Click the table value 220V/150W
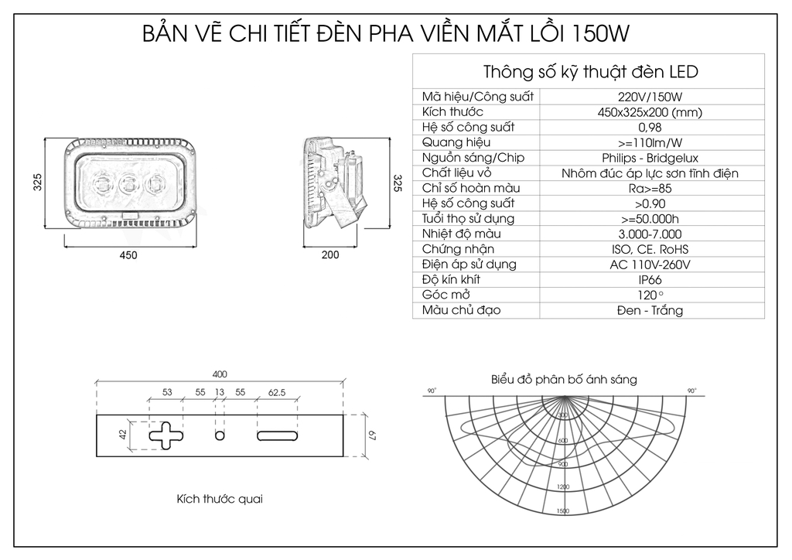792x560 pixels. (x=650, y=97)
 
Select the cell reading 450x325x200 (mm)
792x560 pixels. (x=650, y=112)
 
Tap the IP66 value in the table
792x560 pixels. (x=650, y=279)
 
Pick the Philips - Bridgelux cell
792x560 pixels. (x=650, y=158)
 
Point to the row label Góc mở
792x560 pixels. (x=445, y=295)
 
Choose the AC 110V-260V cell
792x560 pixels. (x=650, y=265)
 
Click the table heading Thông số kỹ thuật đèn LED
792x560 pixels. (x=590, y=72)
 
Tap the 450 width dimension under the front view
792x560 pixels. (x=128, y=255)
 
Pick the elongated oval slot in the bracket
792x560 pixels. (x=276, y=436)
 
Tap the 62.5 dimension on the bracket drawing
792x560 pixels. (x=276, y=393)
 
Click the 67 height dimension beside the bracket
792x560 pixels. (x=370, y=436)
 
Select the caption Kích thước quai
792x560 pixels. (x=220, y=499)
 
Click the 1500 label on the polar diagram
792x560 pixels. (x=562, y=511)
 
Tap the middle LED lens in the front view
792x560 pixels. (x=128, y=185)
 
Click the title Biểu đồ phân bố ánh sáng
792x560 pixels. (x=564, y=380)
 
